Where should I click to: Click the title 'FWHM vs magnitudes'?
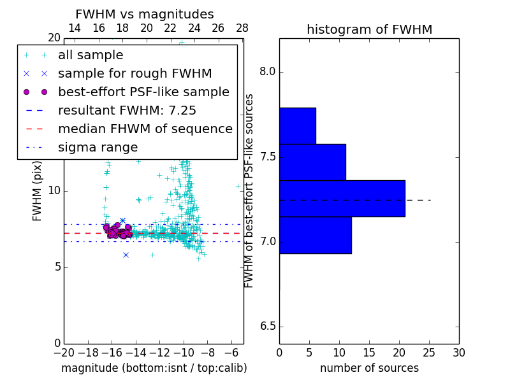pyautogui.click(x=145, y=14)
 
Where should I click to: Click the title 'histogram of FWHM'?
pyautogui.click(x=369, y=29)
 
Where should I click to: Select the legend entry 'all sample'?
pyautogui.click(x=91, y=55)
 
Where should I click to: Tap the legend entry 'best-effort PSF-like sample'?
pyautogui.click(x=143, y=92)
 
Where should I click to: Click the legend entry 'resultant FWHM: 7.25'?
pyautogui.click(x=127, y=110)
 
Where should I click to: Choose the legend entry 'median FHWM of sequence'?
pyautogui.click(x=145, y=129)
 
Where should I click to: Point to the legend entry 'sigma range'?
pyautogui.click(x=98, y=147)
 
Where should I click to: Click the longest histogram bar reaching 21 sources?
pyautogui.click(x=342, y=199)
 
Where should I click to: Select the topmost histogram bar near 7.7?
pyautogui.click(x=297, y=125)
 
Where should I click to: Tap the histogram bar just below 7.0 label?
pyautogui.click(x=315, y=235)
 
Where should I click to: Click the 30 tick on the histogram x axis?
pyautogui.click(x=458, y=352)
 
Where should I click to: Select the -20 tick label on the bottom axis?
pyautogui.click(x=64, y=352)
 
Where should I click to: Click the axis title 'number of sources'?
pyautogui.click(x=369, y=368)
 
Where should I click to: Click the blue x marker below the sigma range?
pyautogui.click(x=126, y=255)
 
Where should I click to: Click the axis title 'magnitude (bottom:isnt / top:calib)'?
pyautogui.click(x=154, y=368)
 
